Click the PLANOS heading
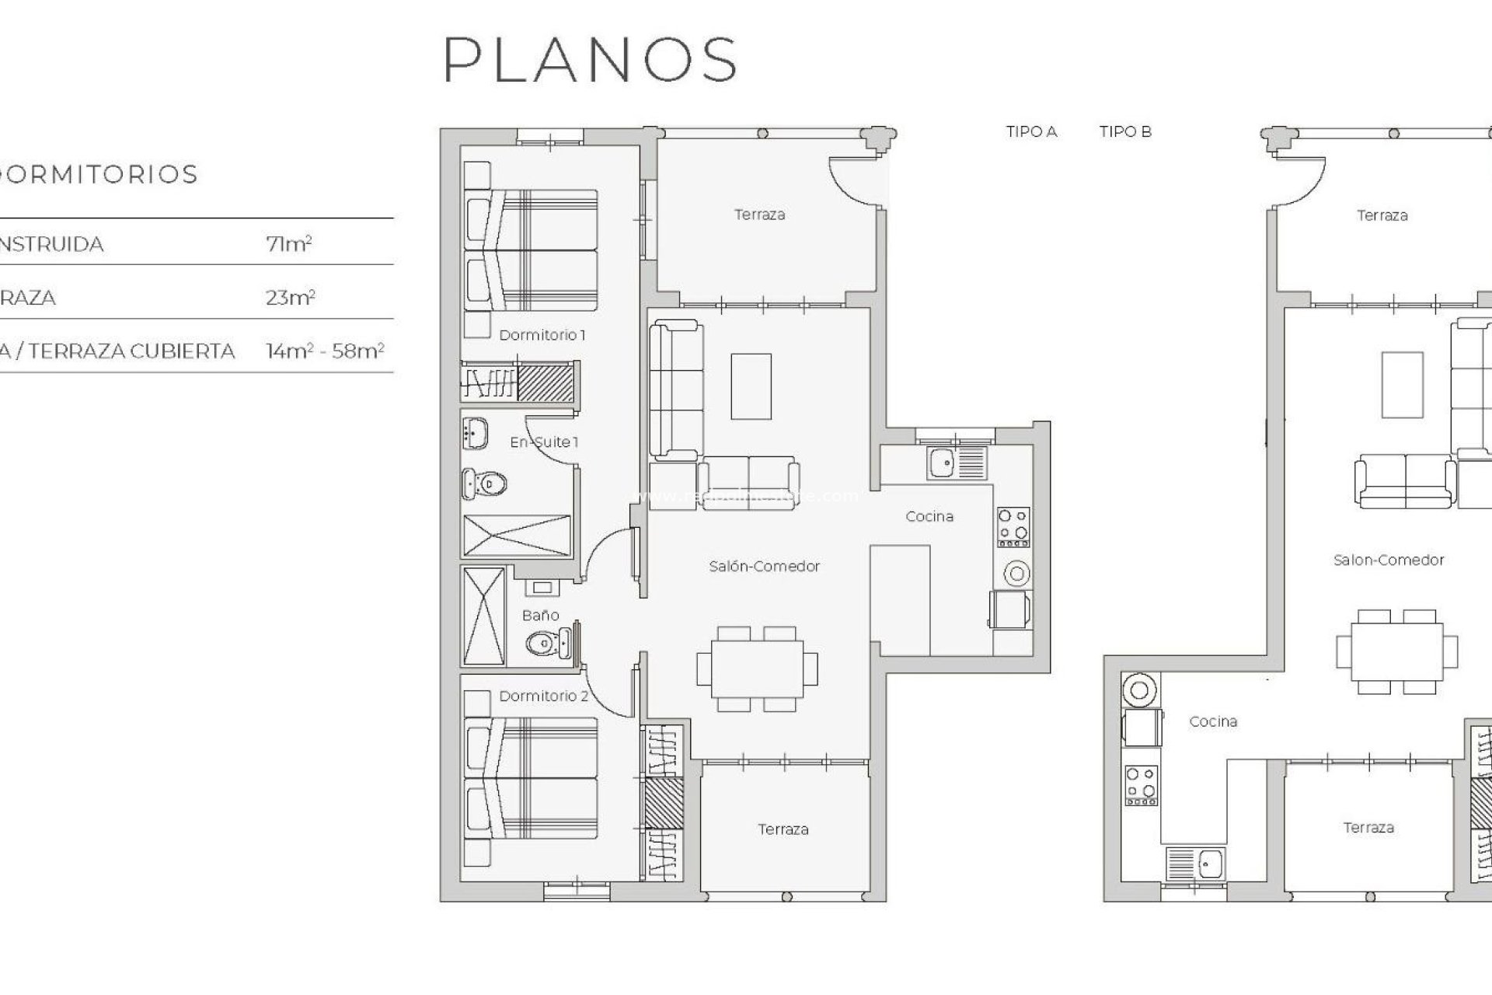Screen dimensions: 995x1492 [x=590, y=59]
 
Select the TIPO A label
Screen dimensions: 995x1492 [x=1031, y=132]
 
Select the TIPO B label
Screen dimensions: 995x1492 [x=1124, y=132]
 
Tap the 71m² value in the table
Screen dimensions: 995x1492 [x=288, y=244]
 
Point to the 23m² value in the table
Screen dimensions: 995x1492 [x=290, y=298]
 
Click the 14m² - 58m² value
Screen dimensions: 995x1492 [x=325, y=351]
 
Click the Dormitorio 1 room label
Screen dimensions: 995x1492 [x=542, y=335]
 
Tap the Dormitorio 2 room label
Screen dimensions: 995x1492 [x=543, y=696]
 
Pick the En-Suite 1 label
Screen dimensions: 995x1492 [x=544, y=442]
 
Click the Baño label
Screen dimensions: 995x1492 [x=540, y=615]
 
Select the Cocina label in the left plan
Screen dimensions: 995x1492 [x=929, y=516]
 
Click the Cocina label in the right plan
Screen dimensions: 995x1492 [x=1213, y=721]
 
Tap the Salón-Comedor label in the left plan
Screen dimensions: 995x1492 [x=764, y=567]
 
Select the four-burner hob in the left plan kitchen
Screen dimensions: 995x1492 [x=1013, y=524]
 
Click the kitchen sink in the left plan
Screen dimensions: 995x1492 [x=943, y=463]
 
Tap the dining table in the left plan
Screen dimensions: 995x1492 [x=757, y=669]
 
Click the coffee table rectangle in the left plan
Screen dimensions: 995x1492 [x=751, y=386]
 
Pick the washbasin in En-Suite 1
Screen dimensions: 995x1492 [x=475, y=433]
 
